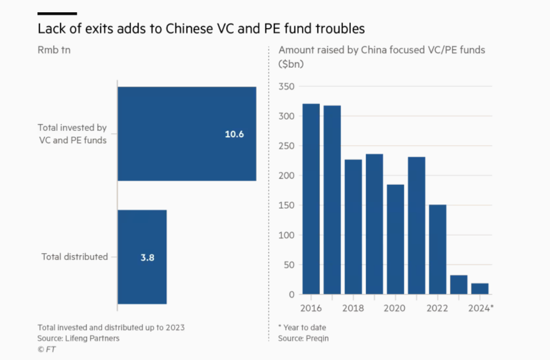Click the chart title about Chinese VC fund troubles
tap(201, 29)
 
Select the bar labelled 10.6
tap(186, 134)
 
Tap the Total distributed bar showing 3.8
tap(142, 257)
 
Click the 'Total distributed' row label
tap(74, 257)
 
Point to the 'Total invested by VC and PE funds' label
tap(72, 134)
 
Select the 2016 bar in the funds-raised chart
tap(311, 199)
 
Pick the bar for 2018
tap(353, 227)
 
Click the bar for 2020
tap(395, 239)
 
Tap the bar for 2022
tap(438, 250)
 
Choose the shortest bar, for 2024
tap(480, 289)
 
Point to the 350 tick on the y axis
tap(287, 86)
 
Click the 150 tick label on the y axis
tap(287, 205)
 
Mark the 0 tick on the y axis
tap(291, 295)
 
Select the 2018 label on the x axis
tap(353, 308)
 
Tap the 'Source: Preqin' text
tap(304, 338)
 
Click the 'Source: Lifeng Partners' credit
tap(78, 338)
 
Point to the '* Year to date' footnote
tap(302, 327)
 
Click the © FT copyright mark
tap(47, 350)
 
